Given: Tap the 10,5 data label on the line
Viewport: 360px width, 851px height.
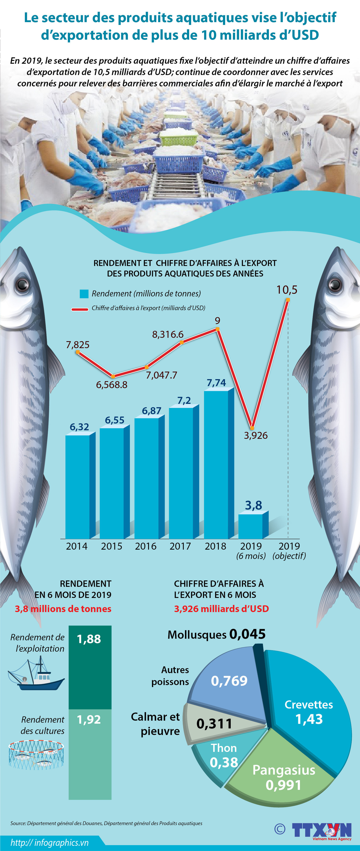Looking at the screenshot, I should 287,290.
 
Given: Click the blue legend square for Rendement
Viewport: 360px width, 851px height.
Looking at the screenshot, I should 84,294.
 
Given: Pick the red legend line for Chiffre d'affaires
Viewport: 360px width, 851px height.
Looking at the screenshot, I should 79,310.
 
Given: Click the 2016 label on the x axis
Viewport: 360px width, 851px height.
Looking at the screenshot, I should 146,546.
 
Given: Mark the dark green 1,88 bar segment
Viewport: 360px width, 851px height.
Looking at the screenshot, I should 90,667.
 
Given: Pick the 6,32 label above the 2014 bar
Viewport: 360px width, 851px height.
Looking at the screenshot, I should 79,427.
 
